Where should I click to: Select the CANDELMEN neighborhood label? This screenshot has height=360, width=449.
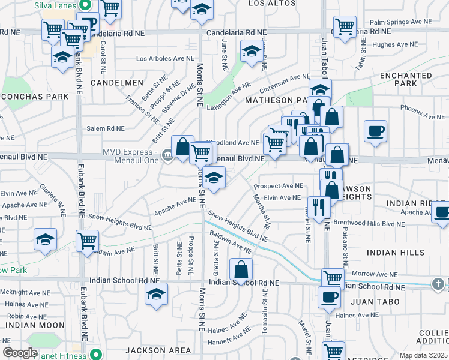click(x=117, y=82)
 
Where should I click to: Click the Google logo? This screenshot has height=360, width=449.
click(x=19, y=353)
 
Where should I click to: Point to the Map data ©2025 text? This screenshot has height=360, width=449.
click(x=423, y=355)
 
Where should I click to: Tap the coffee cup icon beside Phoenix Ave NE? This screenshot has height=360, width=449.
click(x=375, y=131)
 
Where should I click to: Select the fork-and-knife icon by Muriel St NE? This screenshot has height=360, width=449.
click(x=319, y=207)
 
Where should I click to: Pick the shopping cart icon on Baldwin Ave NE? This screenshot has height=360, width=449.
click(x=88, y=241)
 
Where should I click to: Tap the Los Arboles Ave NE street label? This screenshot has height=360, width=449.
click(x=166, y=59)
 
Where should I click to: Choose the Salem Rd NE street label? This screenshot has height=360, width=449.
click(x=105, y=128)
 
